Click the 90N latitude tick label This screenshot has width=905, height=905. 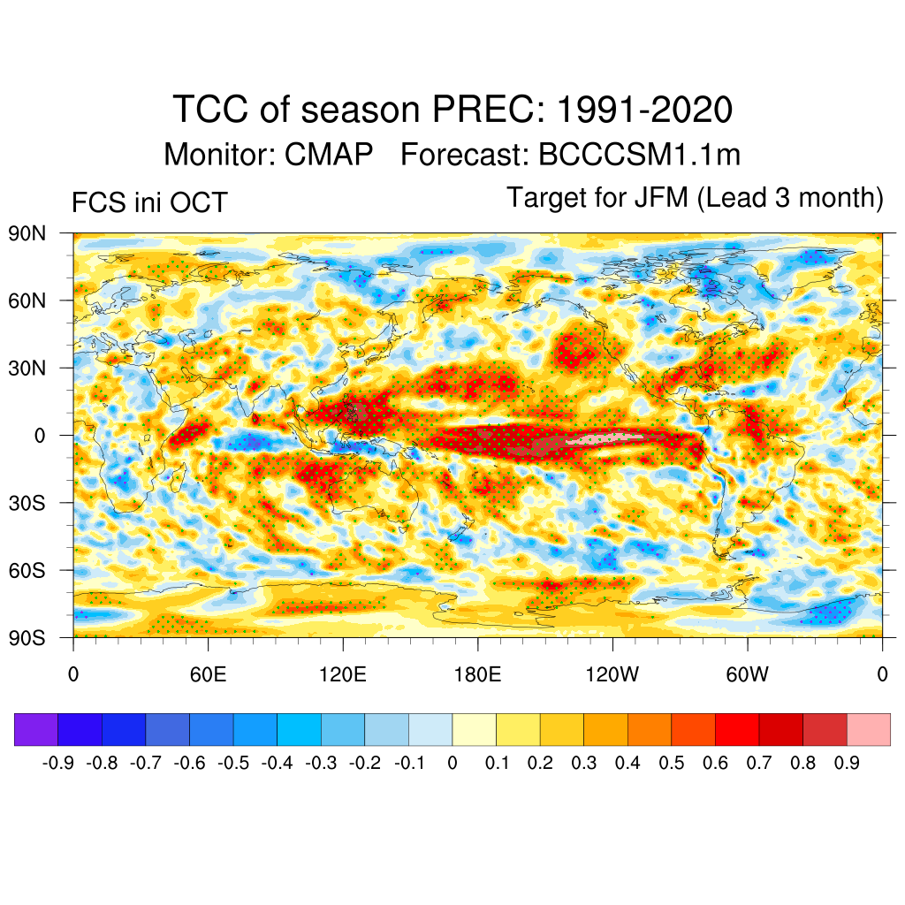tap(27, 233)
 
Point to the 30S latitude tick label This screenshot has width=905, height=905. tap(27, 503)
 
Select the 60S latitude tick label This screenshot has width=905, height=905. tap(27, 570)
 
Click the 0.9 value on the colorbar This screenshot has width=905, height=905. tap(847, 763)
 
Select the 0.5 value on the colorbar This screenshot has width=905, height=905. tap(672, 763)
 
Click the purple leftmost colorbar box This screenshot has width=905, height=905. tap(36, 730)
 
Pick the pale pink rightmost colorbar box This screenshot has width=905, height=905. tap(868, 730)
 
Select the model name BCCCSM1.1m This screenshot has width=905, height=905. tap(639, 155)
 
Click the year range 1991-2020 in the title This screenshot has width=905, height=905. tap(644, 110)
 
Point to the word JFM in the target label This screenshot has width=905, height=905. tap(661, 197)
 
